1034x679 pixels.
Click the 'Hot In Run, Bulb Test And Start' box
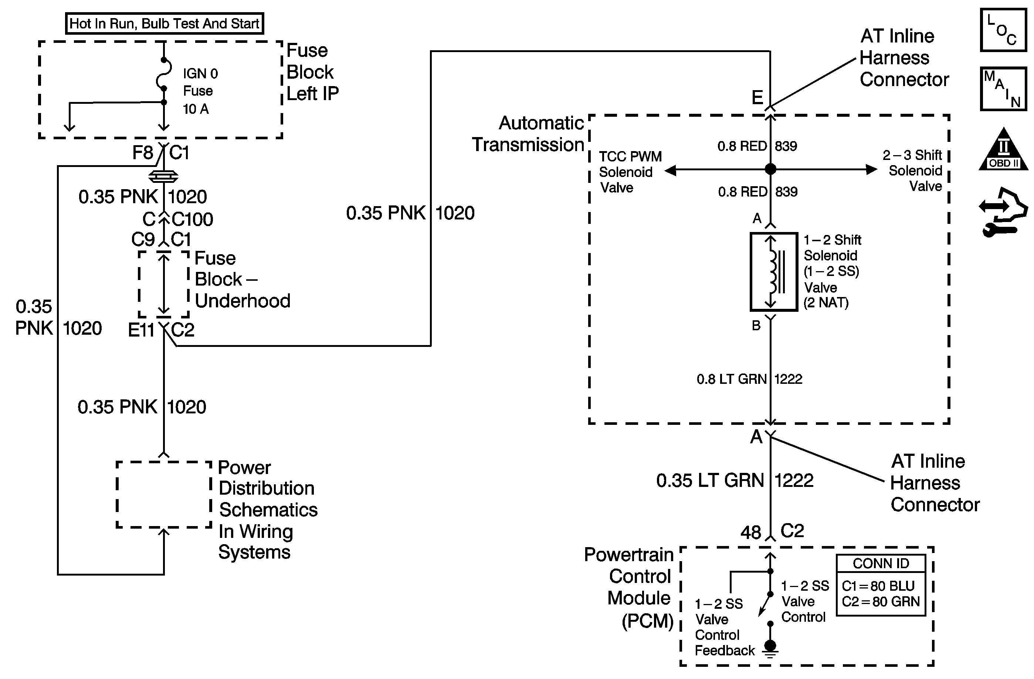[x=164, y=23]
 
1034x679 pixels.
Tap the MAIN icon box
[x=1004, y=89]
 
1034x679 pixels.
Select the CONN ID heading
[x=881, y=563]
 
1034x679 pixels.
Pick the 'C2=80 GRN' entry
[x=881, y=602]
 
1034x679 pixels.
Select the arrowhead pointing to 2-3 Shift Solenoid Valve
[x=871, y=169]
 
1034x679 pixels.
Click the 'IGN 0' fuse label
[x=200, y=74]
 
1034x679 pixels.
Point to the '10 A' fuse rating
[x=196, y=109]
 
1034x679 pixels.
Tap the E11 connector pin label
[x=141, y=330]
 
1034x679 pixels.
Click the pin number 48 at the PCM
[x=751, y=533]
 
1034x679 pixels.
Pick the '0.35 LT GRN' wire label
[x=710, y=481]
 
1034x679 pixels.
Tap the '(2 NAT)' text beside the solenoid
[x=826, y=303]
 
